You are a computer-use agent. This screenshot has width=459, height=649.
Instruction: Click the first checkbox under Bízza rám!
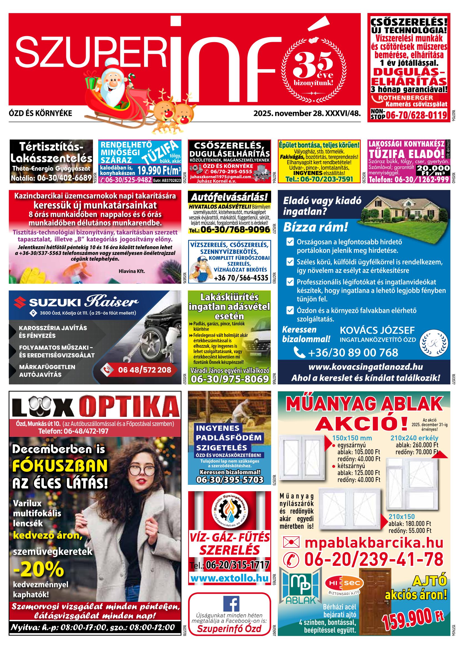290,242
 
